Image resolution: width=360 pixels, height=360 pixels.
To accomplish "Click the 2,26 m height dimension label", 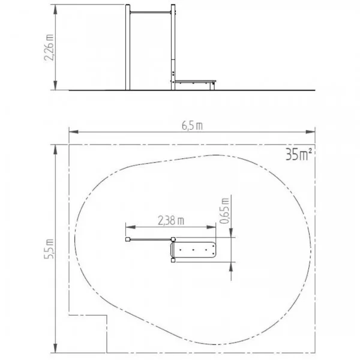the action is (49, 47).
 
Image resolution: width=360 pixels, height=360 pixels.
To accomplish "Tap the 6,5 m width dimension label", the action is (192, 125).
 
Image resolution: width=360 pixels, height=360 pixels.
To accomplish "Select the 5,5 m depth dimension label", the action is (49, 249).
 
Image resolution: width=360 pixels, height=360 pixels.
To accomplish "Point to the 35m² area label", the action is (299, 154).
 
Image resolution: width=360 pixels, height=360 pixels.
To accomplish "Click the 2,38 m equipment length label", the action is (171, 220).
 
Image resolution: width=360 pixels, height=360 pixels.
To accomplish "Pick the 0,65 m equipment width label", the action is (225, 210).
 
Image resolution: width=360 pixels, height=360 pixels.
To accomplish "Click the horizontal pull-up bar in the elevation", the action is (151, 13).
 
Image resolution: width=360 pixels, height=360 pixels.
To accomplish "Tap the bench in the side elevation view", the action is (196, 82).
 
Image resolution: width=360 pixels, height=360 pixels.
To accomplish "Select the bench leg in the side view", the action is (212, 86).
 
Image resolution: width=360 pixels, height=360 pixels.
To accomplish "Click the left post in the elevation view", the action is (128, 47).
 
